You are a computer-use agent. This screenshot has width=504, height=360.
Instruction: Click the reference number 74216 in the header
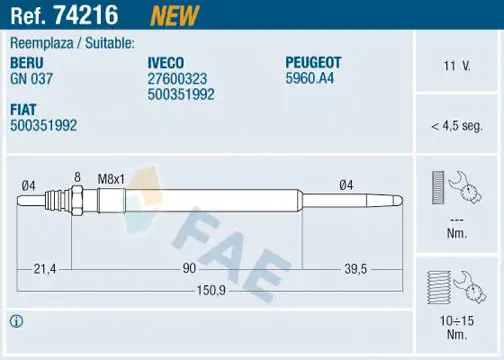tap(86, 15)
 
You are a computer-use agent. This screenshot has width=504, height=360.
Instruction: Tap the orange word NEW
tap(174, 15)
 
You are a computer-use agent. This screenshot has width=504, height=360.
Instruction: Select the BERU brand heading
tap(27, 63)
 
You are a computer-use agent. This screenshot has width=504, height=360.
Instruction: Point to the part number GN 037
tap(31, 79)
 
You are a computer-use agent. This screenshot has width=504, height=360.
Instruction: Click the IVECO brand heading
tap(166, 63)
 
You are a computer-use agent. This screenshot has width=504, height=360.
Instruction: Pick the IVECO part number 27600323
tap(177, 79)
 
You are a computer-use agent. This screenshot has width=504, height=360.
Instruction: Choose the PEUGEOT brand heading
tap(313, 63)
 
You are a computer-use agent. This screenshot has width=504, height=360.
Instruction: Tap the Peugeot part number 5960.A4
tap(309, 78)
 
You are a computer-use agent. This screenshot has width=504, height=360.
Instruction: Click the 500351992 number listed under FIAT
tap(43, 125)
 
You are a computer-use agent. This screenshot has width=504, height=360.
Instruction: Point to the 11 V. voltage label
tap(457, 66)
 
